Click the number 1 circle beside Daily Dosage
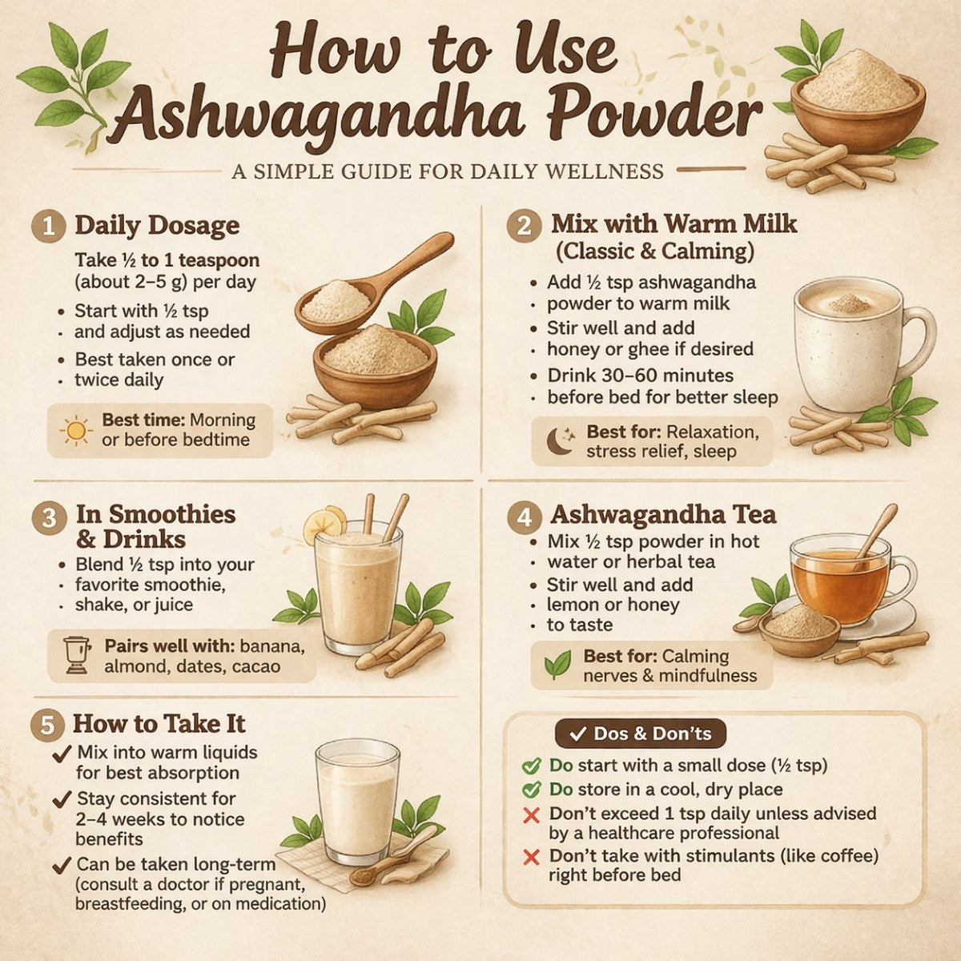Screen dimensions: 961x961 tap(50, 226)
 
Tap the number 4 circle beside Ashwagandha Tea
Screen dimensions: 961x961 tap(525, 517)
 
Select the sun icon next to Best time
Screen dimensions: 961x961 tap(76, 431)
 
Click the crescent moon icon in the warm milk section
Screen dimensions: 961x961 tap(560, 441)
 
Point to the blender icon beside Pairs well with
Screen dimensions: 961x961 tap(77, 655)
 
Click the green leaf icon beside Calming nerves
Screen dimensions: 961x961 tap(557, 665)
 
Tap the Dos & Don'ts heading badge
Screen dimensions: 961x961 tap(640, 734)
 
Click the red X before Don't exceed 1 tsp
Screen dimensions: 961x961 tap(530, 815)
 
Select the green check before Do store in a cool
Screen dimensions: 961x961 tap(530, 790)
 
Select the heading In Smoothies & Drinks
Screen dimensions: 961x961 tap(155, 526)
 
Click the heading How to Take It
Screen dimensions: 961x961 tap(159, 724)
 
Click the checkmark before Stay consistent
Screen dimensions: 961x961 tap(62, 799)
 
